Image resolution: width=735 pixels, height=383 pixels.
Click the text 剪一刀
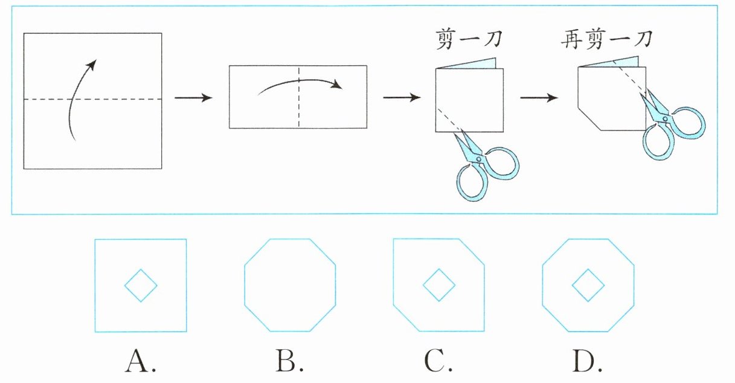pos(469,39)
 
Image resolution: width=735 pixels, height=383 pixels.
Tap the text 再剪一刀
pos(606,39)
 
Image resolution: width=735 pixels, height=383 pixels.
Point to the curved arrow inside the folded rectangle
pos(299,80)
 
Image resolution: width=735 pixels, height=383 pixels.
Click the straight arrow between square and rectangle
pos(193,97)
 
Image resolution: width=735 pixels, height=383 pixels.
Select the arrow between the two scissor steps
pos(539,97)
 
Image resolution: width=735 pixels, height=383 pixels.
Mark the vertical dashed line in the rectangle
pos(298,97)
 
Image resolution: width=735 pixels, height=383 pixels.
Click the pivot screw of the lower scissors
pos(479,159)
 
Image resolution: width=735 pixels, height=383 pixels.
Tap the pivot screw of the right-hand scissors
pos(665,118)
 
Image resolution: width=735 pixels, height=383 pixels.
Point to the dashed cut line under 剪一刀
pos(449,120)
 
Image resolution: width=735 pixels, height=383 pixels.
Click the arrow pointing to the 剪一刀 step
pos(402,97)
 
